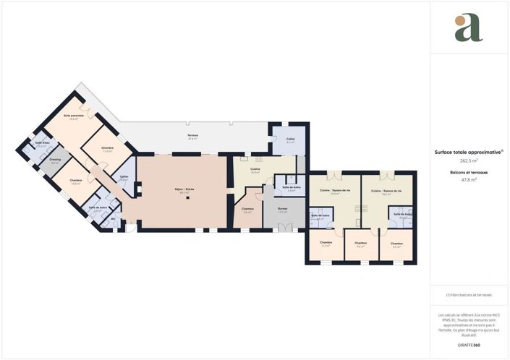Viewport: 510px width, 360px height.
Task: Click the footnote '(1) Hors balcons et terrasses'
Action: [x=469, y=295]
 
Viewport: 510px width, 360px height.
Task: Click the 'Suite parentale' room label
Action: [x=75, y=116]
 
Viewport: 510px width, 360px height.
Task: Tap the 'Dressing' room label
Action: [x=55, y=159]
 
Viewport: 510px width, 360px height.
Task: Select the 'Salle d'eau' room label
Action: [x=42, y=142]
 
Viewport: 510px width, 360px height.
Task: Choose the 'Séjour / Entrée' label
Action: [x=184, y=189]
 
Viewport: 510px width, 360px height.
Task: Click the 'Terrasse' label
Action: [x=192, y=135]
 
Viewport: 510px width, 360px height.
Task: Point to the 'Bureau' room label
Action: [x=283, y=208]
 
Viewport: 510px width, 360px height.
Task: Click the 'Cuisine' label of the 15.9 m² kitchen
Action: [x=255, y=170]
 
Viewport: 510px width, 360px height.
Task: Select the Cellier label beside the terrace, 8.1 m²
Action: [x=290, y=140]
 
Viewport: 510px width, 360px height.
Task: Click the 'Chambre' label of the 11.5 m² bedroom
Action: [x=107, y=148]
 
